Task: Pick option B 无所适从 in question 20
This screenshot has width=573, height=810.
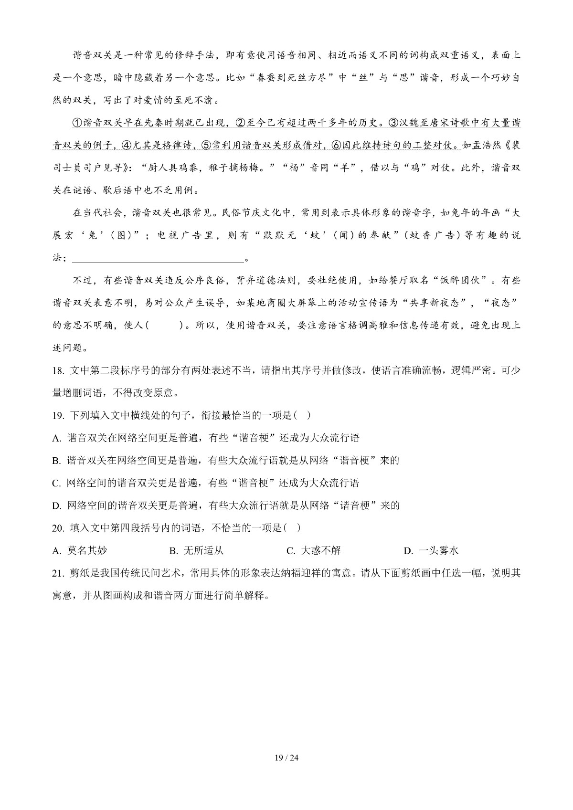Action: [197, 551]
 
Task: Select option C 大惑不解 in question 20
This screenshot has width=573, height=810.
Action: [314, 551]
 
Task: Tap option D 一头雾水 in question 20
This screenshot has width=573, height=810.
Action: [431, 551]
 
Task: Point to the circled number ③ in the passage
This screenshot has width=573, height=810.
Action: [393, 123]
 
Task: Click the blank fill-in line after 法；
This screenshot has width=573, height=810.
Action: [158, 259]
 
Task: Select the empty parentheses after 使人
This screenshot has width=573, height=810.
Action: [164, 326]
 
